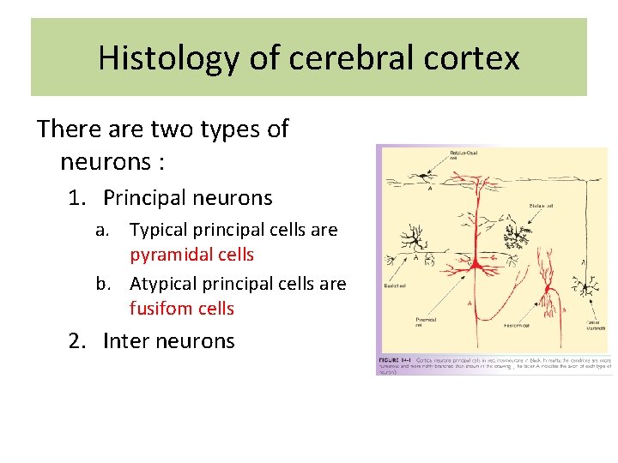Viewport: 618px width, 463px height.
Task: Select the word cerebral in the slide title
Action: (338, 58)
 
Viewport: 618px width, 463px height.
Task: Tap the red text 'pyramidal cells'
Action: (191, 255)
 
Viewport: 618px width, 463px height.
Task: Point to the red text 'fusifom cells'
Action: (181, 308)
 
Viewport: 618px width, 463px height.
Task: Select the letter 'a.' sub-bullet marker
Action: (103, 230)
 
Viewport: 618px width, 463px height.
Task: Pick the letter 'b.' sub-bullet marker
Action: (104, 284)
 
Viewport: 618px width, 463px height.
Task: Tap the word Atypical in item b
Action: (165, 284)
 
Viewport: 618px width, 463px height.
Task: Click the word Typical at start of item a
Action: (158, 230)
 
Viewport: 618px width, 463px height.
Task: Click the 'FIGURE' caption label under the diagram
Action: (391, 360)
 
